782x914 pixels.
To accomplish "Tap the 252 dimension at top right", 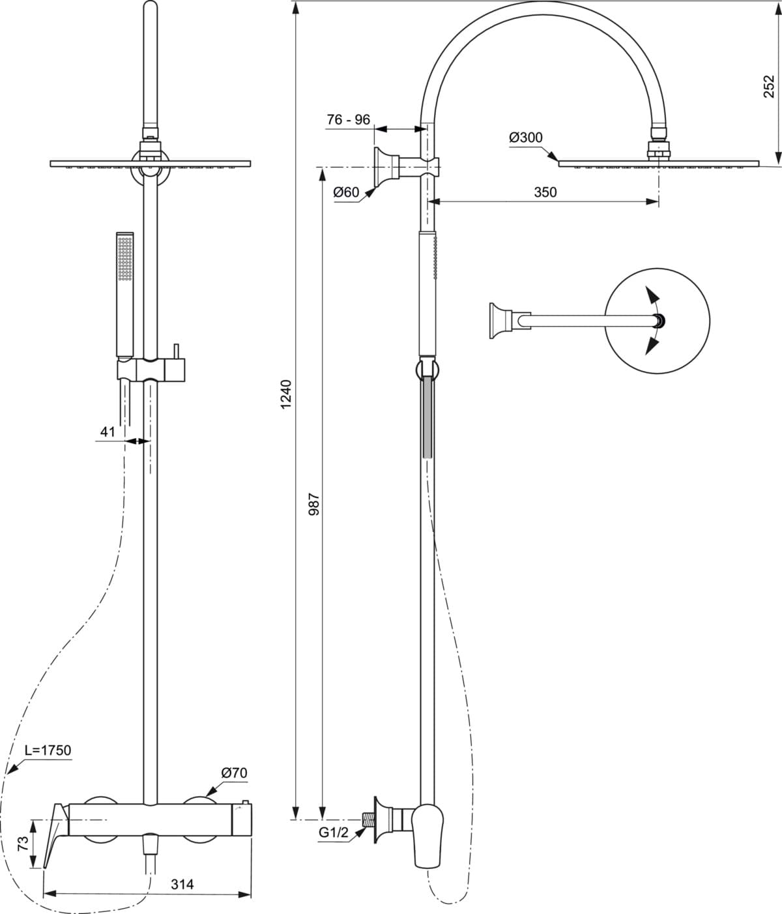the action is tap(769, 87).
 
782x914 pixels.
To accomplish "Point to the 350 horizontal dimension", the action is tap(545, 192).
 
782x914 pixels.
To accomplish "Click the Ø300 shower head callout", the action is tap(526, 138).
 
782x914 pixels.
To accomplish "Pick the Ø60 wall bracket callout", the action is tap(346, 192).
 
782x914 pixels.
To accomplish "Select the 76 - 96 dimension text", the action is tap(349, 119).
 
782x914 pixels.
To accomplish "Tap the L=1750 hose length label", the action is tap(48, 750).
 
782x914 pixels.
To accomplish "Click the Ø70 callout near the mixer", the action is tap(235, 773).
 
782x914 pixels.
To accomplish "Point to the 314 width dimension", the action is tap(182, 884).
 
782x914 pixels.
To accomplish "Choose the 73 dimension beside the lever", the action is tap(23, 843).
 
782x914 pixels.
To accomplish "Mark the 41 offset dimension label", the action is tap(108, 432).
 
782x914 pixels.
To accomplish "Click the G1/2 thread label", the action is tap(333, 833).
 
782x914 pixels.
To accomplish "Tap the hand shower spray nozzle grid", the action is tap(125, 259).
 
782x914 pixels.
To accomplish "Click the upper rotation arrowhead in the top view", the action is tap(652, 295).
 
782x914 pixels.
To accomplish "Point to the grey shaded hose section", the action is tap(427, 417).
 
